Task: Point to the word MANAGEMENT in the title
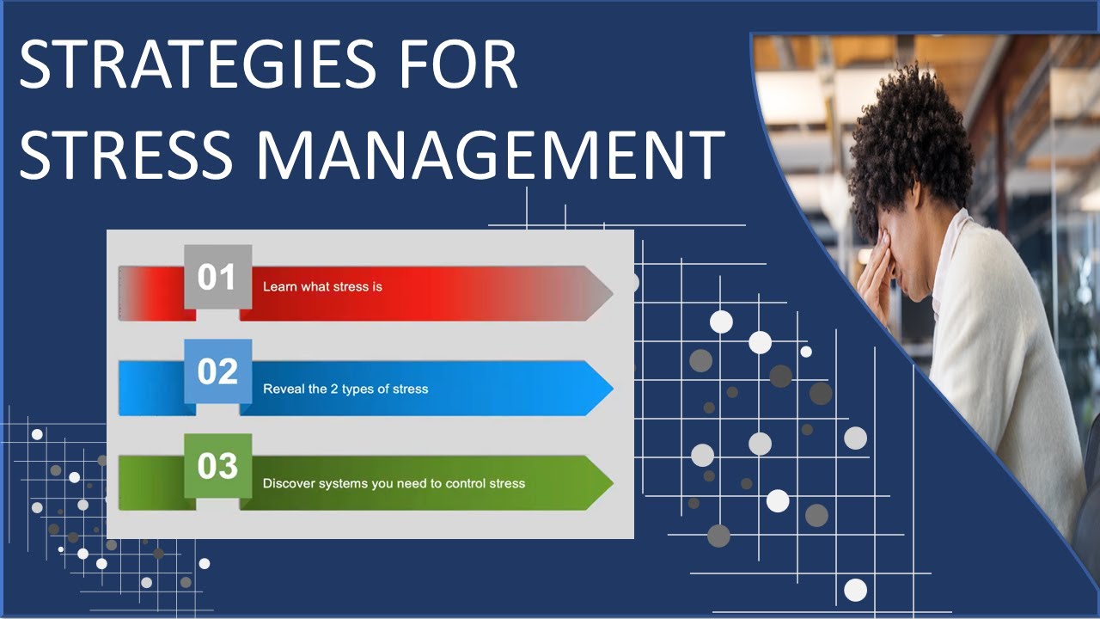(x=489, y=155)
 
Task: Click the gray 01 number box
(x=218, y=277)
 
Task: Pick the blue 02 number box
(x=218, y=371)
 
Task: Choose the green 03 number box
(x=218, y=466)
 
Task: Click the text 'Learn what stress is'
(x=322, y=286)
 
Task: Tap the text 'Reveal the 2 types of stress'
(x=345, y=389)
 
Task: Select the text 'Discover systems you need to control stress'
(x=394, y=483)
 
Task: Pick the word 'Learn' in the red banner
(x=279, y=286)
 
